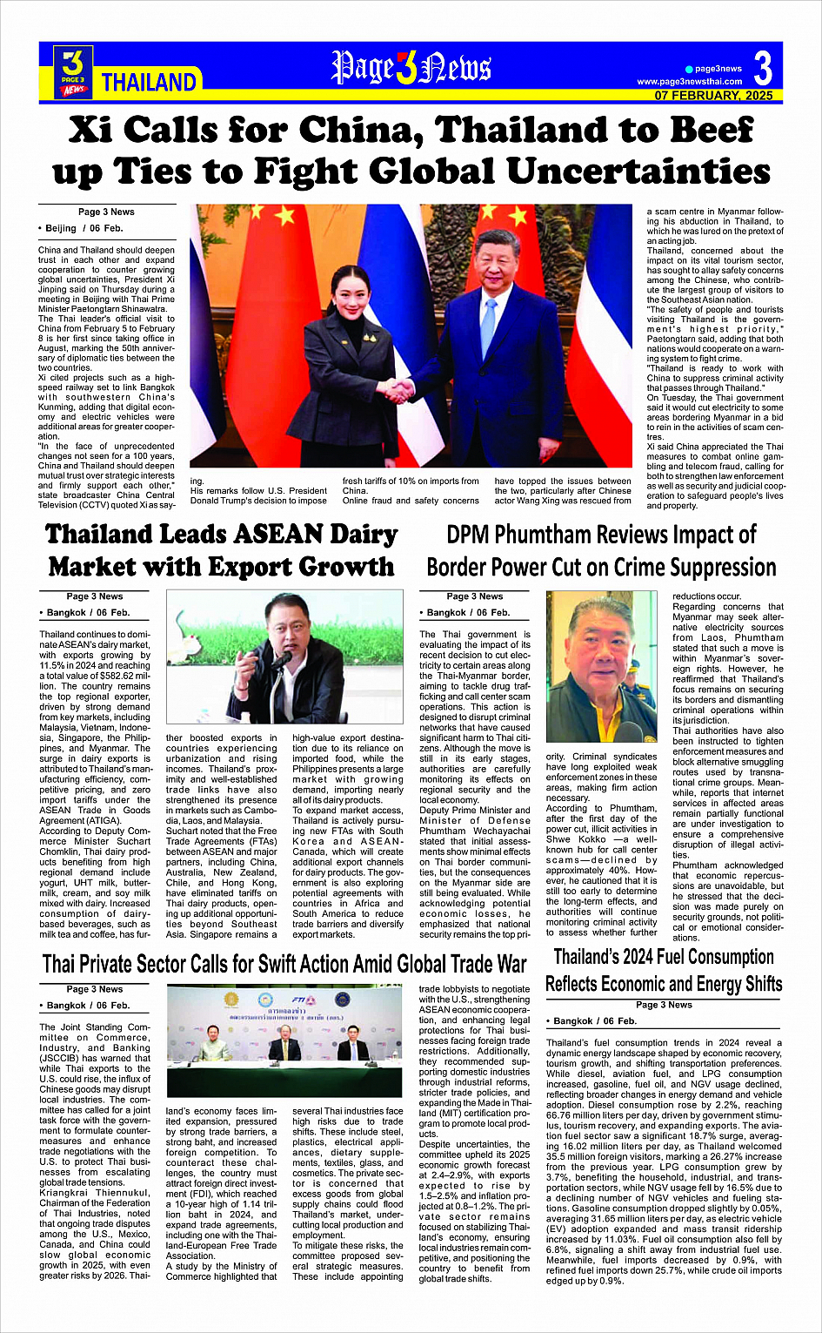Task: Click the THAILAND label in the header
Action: coord(149,83)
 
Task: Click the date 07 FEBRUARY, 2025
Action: coord(713,96)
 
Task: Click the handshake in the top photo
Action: coord(399,390)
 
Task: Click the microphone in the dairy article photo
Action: coord(282,658)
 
